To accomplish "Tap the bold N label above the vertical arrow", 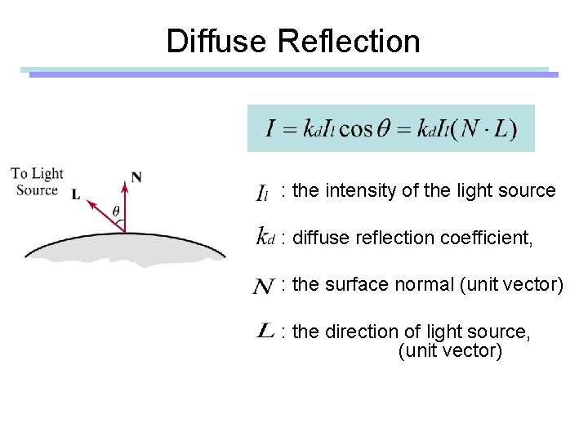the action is coord(136,176).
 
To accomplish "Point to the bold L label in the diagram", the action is coord(76,195).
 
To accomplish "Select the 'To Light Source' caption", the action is coord(37,181).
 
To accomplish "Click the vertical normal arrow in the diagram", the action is coord(125,208).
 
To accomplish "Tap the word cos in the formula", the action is coord(355,129).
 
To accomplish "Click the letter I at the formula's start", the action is coord(270,129).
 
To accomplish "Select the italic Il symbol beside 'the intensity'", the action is coord(262,194).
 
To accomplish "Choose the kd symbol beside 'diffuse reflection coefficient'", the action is coord(265,238).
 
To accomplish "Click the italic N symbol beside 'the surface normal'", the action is coord(263,286).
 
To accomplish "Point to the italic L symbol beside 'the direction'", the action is coord(265,330).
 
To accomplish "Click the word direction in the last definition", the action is coord(363,332).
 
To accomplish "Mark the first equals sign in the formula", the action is coord(289,130).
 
